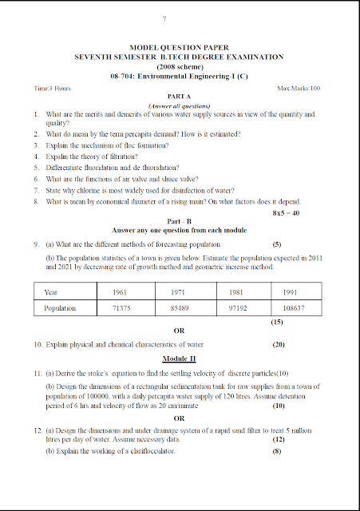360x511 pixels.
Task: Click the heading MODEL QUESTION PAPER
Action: coord(179,49)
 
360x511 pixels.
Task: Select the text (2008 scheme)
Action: coord(179,66)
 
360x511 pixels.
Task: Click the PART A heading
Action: coord(179,96)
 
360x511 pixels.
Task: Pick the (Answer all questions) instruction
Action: coord(179,105)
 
